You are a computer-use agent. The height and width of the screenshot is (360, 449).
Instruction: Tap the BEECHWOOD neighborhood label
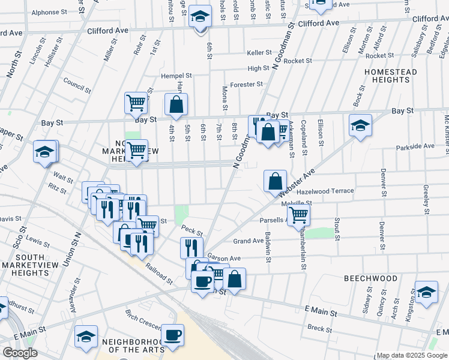point(370,279)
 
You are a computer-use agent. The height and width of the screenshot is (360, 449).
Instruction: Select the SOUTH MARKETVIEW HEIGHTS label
point(29,265)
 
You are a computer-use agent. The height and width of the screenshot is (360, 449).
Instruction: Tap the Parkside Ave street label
point(415,146)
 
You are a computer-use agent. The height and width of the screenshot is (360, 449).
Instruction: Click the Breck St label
point(319,329)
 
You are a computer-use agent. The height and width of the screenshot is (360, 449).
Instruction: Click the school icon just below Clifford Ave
point(200,17)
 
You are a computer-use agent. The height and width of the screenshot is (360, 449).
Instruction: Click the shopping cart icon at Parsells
point(298,214)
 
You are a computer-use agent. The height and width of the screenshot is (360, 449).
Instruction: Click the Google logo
point(20,353)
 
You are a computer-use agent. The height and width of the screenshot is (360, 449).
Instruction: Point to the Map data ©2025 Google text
point(412,355)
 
